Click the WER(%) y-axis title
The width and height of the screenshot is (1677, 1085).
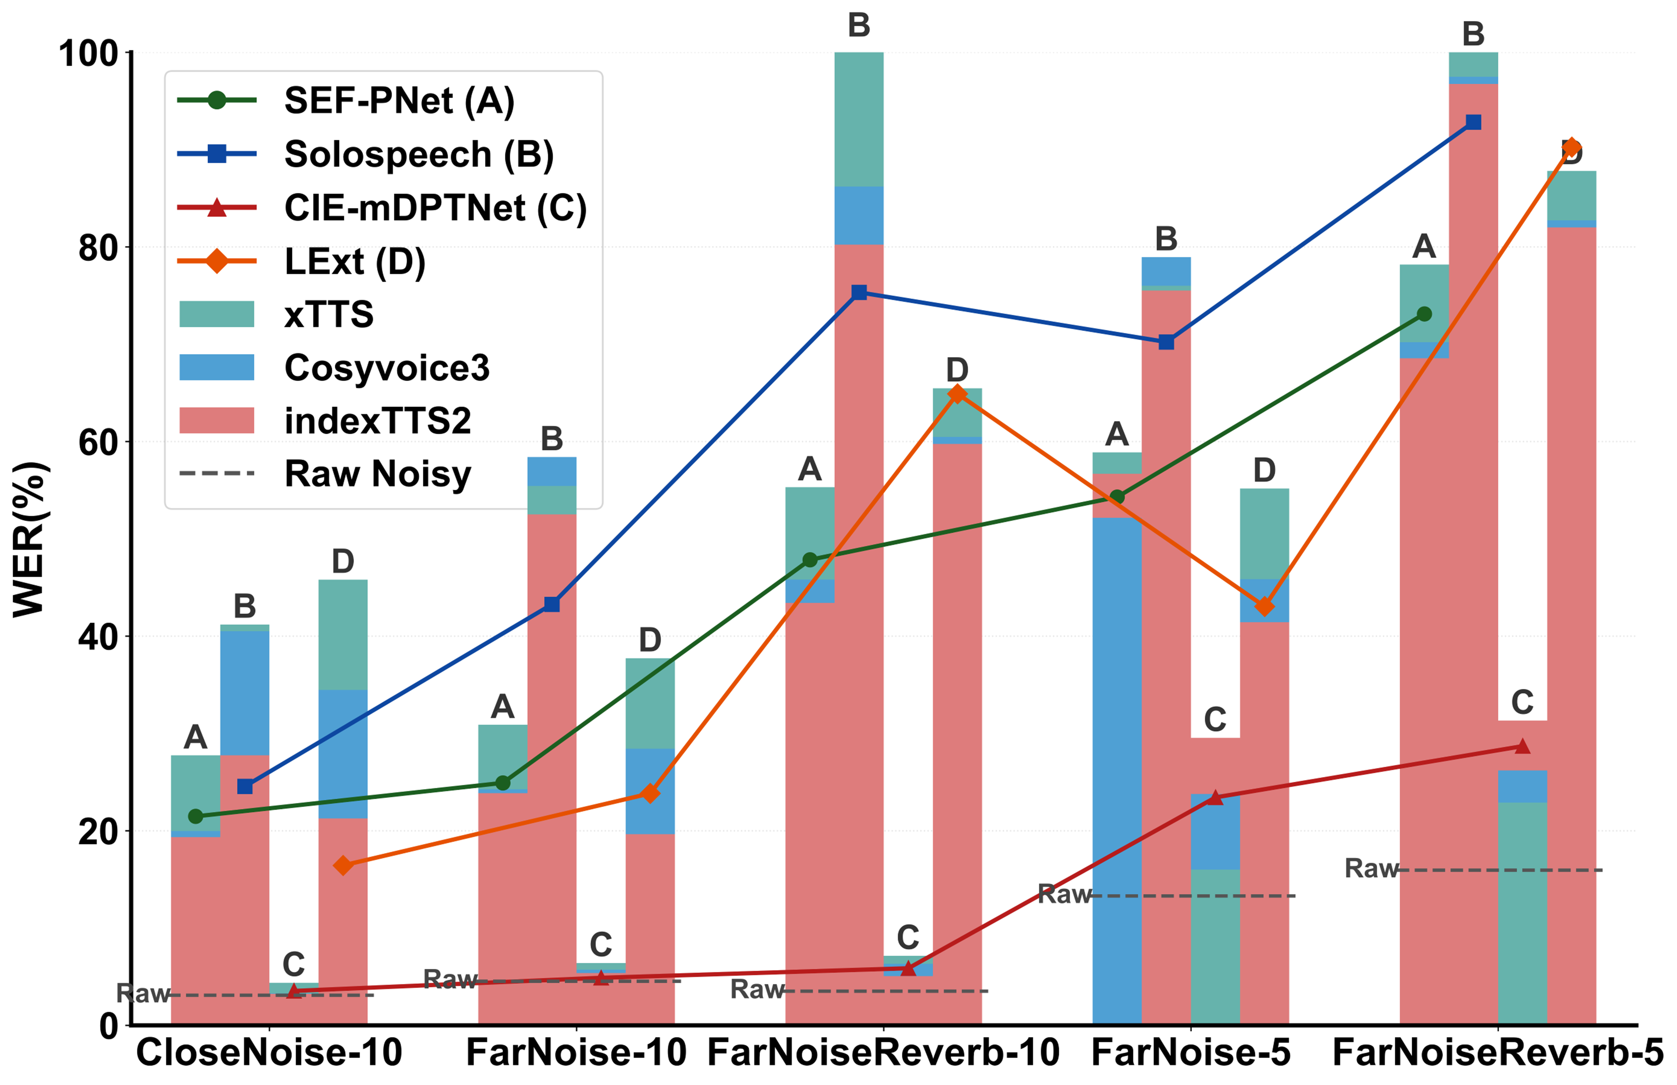click(30, 539)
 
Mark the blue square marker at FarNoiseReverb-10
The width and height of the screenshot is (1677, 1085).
click(859, 292)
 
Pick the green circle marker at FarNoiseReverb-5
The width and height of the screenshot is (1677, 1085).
click(1423, 314)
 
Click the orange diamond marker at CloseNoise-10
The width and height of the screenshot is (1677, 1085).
click(343, 865)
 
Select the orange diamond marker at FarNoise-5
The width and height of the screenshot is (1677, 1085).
click(1264, 606)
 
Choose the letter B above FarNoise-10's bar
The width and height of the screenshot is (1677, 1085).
click(552, 439)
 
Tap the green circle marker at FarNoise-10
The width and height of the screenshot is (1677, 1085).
click(502, 783)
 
